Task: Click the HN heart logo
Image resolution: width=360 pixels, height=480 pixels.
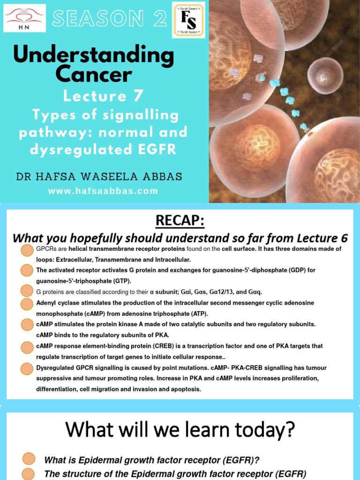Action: (x=24, y=18)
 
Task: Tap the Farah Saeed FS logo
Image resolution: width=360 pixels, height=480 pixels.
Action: (x=188, y=20)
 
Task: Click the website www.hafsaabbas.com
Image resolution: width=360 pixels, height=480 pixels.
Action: (x=103, y=191)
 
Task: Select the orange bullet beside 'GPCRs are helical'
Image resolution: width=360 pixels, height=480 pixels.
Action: (x=27, y=251)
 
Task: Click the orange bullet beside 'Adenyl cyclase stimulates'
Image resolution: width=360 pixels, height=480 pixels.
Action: (x=27, y=304)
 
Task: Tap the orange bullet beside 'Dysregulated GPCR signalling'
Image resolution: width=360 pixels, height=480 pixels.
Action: (x=27, y=369)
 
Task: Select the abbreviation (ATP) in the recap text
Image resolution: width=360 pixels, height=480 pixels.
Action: (x=196, y=314)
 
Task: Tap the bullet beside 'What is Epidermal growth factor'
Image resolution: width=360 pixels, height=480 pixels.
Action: (x=29, y=459)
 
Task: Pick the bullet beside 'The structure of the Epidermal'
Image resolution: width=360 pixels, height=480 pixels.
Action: (x=29, y=473)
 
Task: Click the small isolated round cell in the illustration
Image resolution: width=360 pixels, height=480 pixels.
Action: (x=325, y=75)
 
